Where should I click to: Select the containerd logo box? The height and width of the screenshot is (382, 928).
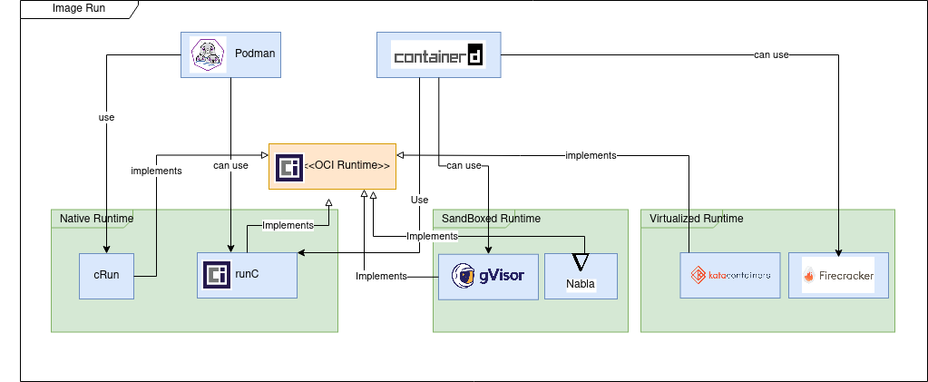pyautogui.click(x=438, y=54)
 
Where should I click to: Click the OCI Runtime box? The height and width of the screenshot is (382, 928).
pyautogui.click(x=332, y=166)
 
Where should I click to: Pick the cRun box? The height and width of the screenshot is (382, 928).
pyautogui.click(x=106, y=274)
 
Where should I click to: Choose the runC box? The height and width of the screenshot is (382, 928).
pyautogui.click(x=247, y=274)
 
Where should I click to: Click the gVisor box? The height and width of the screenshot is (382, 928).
pyautogui.click(x=489, y=276)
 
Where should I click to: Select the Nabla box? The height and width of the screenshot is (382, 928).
pyautogui.click(x=581, y=276)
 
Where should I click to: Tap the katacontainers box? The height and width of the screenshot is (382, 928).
pyautogui.click(x=730, y=275)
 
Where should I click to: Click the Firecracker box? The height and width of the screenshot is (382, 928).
pyautogui.click(x=838, y=275)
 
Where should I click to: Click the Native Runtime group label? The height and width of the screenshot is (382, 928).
pyautogui.click(x=96, y=219)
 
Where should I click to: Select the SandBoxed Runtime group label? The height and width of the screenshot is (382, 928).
pyautogui.click(x=490, y=219)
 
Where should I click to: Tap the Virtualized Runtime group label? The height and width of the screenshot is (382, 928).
pyautogui.click(x=697, y=219)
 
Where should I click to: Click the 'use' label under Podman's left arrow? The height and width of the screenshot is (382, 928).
pyautogui.click(x=106, y=117)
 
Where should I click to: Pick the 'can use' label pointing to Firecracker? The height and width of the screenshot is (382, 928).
pyautogui.click(x=771, y=54)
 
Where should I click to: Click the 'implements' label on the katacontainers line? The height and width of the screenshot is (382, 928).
pyautogui.click(x=591, y=155)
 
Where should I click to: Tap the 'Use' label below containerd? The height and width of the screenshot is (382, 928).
pyautogui.click(x=419, y=200)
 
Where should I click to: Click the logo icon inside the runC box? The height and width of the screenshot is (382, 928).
pyautogui.click(x=215, y=274)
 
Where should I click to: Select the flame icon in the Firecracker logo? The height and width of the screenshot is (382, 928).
pyautogui.click(x=809, y=276)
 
